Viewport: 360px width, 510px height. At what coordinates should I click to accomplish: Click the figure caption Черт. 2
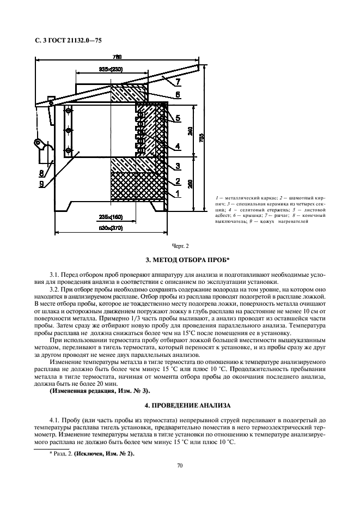[179, 246]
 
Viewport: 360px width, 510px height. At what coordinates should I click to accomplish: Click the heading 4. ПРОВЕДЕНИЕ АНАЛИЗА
[179, 405]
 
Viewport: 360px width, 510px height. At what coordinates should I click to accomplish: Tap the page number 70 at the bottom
[179, 465]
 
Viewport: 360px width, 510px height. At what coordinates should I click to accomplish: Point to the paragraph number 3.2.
[54, 289]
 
